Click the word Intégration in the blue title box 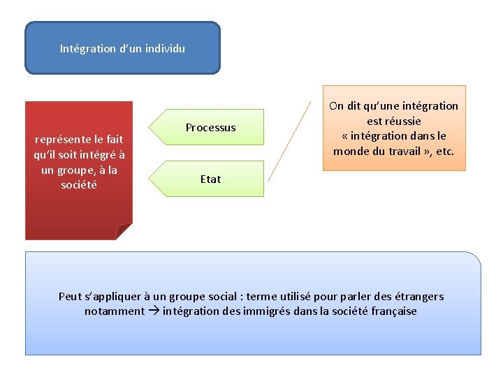tap(87, 49)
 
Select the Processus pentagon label tap(210, 128)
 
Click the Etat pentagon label tap(210, 179)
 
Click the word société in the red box tap(79, 185)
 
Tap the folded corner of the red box tap(124, 230)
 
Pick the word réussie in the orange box tap(394, 121)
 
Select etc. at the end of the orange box tap(444, 151)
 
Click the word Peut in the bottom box tap(70, 296)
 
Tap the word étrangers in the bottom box tap(417, 296)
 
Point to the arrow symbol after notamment tap(153, 311)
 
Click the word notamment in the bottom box tap(115, 311)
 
